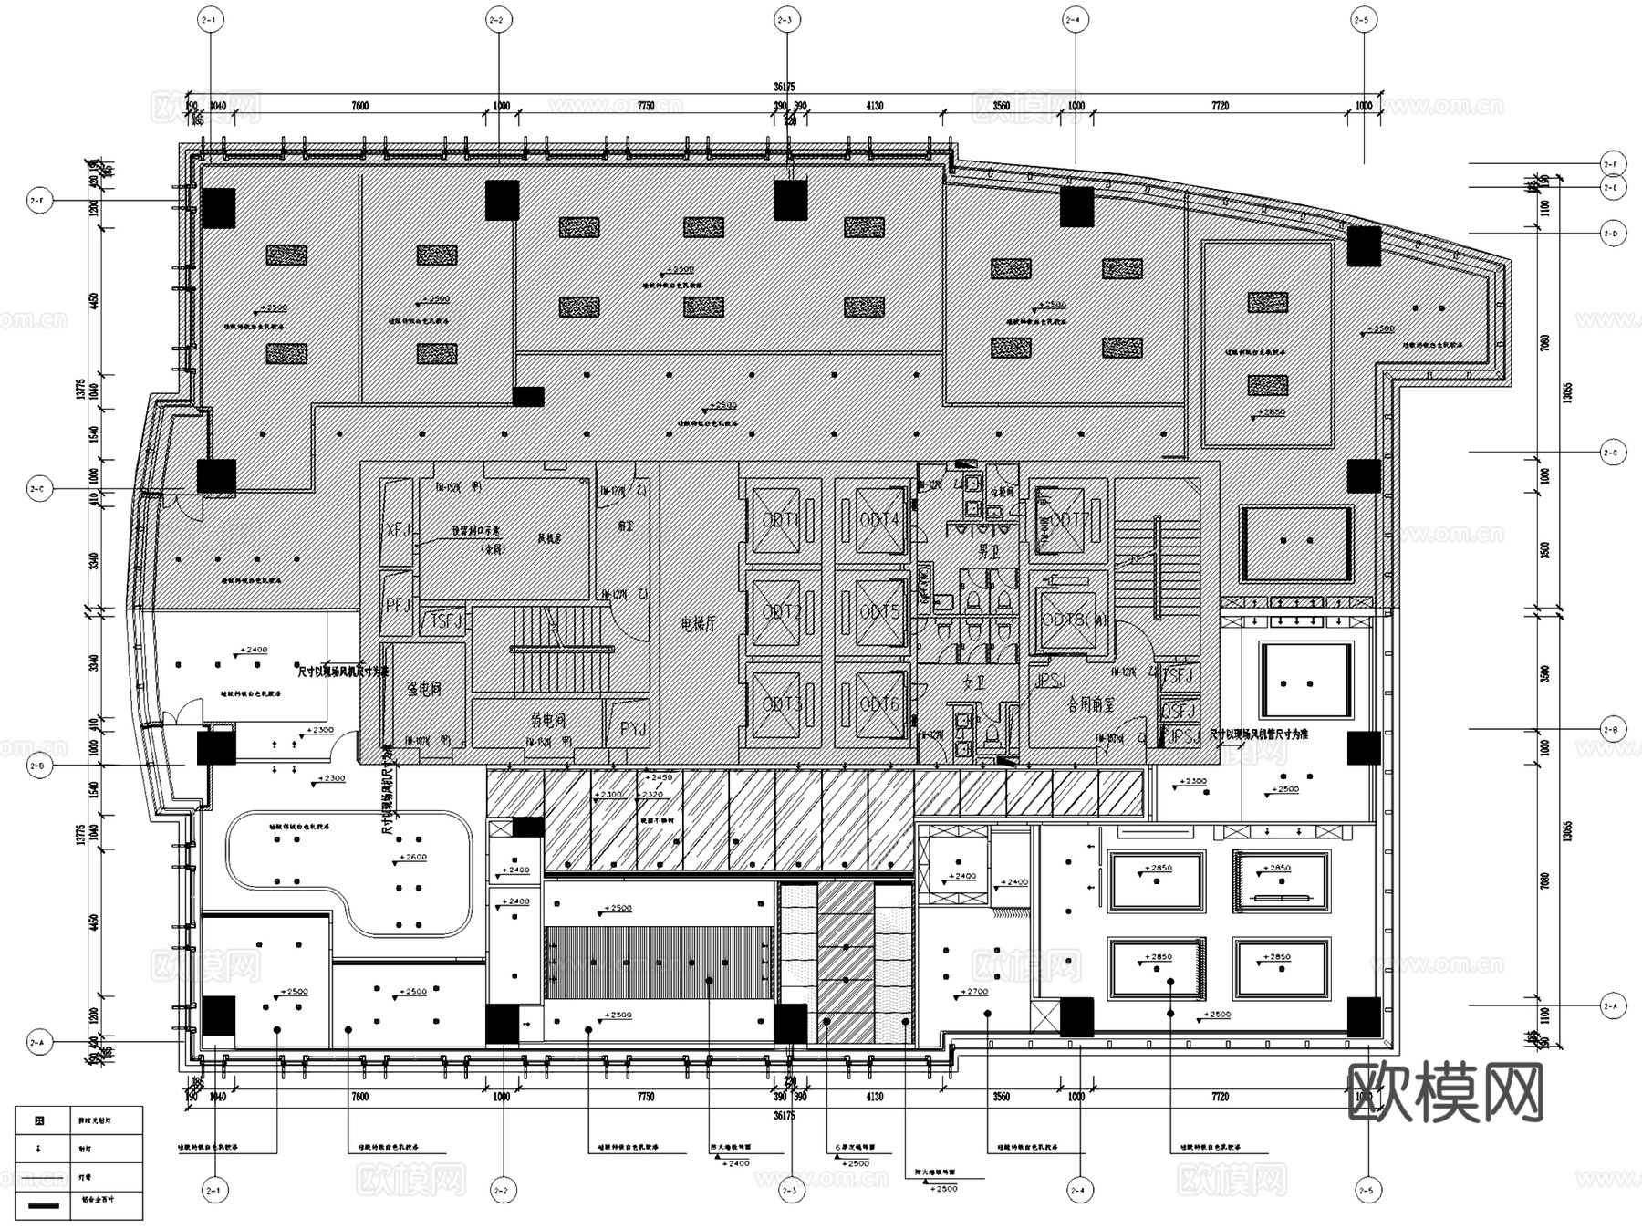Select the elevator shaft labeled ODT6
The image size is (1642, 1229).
click(878, 703)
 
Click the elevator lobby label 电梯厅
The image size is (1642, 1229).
click(699, 624)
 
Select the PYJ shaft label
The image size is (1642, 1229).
click(633, 729)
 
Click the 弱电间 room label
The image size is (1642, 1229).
click(548, 720)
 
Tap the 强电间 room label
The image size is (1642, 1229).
click(424, 689)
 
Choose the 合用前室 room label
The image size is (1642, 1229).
click(1090, 703)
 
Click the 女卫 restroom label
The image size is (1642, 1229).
click(974, 681)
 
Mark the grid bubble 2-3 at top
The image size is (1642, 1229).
click(785, 19)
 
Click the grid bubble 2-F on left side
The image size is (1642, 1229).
click(39, 201)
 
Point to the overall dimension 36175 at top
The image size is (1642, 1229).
click(784, 87)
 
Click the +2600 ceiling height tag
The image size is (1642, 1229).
click(412, 858)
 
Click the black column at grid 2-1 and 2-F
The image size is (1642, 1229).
click(218, 208)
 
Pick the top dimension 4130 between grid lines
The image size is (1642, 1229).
click(873, 106)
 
